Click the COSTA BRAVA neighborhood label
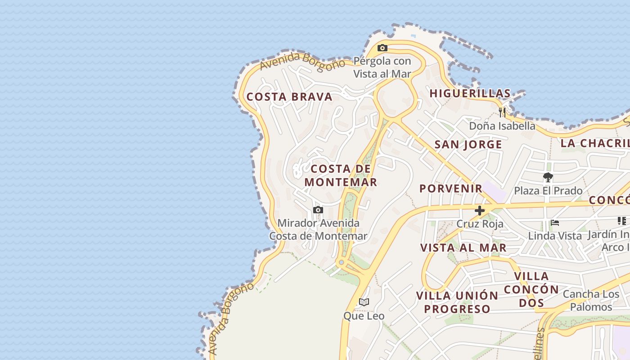289,97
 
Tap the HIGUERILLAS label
470,94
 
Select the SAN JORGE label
468,144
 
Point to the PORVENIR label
451,189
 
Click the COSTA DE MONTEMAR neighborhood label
341,175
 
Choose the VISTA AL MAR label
463,247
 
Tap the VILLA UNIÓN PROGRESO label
457,302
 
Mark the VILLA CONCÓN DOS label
531,289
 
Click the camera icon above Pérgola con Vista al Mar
382,48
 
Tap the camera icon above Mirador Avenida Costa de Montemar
318,210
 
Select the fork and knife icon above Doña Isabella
502,112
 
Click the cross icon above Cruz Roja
480,210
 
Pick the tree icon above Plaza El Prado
548,177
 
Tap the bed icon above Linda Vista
555,223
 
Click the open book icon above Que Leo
364,302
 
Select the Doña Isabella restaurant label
502,126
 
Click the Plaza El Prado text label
548,191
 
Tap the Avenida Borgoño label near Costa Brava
302,62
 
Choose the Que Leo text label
364,316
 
